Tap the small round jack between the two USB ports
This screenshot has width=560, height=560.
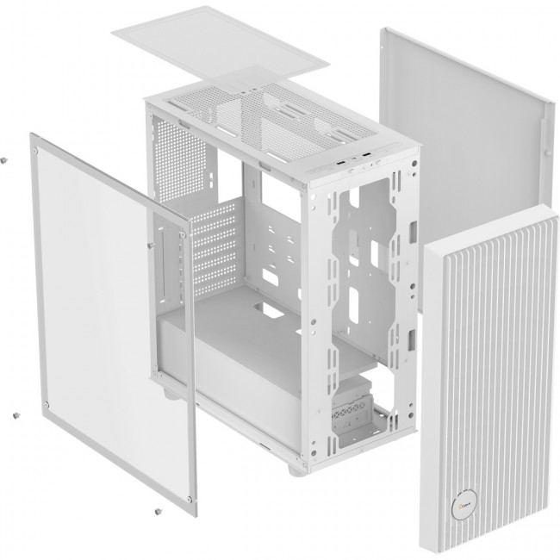[x=355, y=159]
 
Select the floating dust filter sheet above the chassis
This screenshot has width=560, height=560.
[x=220, y=43]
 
